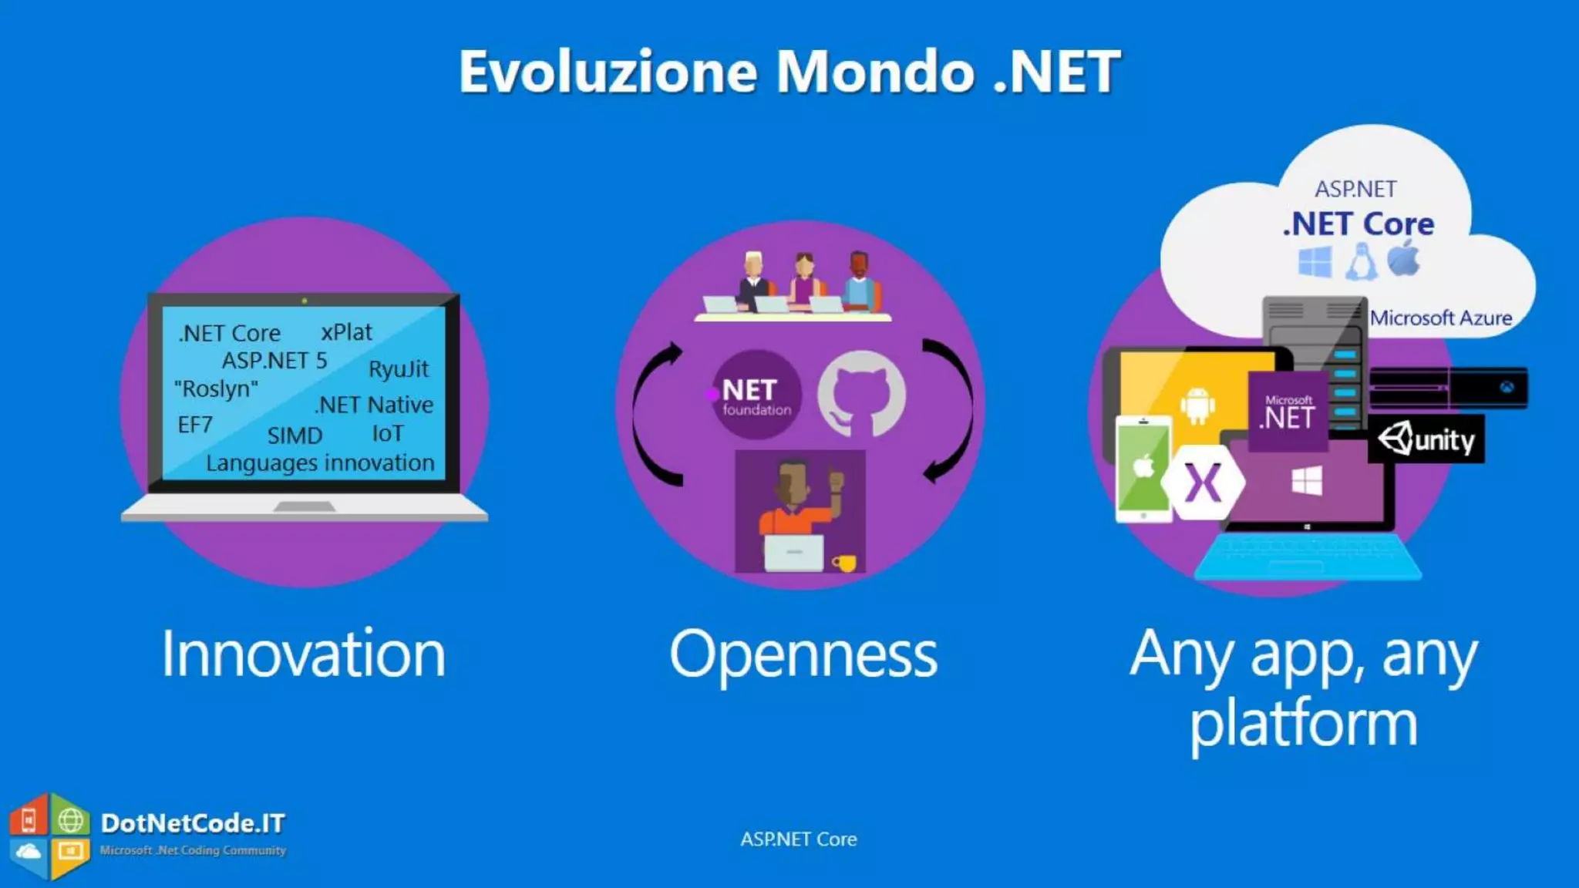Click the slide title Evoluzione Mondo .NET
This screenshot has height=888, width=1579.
(x=789, y=71)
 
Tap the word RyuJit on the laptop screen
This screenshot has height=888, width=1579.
(x=398, y=369)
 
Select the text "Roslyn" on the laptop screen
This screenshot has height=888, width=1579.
(x=217, y=388)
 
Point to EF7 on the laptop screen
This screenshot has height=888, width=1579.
(x=195, y=425)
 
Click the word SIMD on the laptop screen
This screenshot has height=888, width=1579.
(x=295, y=436)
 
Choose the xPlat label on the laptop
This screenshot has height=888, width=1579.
(x=346, y=332)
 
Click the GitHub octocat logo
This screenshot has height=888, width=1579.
(x=861, y=395)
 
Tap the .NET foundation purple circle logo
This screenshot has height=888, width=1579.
(x=756, y=395)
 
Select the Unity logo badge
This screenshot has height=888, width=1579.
(x=1426, y=439)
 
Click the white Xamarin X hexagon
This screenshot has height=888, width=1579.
(x=1203, y=483)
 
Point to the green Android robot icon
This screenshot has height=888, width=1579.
(x=1197, y=405)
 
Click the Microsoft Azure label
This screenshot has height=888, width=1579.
(x=1440, y=318)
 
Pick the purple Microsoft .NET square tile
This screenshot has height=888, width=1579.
(x=1288, y=412)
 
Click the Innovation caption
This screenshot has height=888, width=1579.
(x=303, y=654)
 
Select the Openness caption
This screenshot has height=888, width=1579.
(x=803, y=654)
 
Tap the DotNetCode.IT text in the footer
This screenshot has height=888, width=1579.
(x=193, y=823)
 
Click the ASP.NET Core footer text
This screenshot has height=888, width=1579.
(x=798, y=839)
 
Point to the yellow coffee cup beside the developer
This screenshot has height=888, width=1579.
(x=844, y=563)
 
